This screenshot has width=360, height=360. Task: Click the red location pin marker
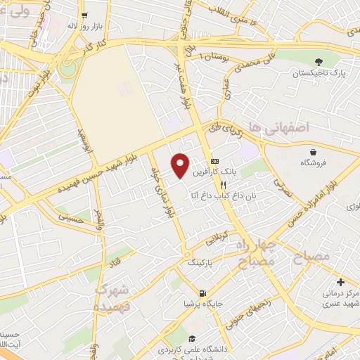coord(181,165)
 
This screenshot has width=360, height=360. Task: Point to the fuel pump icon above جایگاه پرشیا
coord(202,293)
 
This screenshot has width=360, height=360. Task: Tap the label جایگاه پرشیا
coord(198,304)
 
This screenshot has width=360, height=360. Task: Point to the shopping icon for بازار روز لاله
coord(84,15)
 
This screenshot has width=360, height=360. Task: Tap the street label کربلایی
coord(216,238)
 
